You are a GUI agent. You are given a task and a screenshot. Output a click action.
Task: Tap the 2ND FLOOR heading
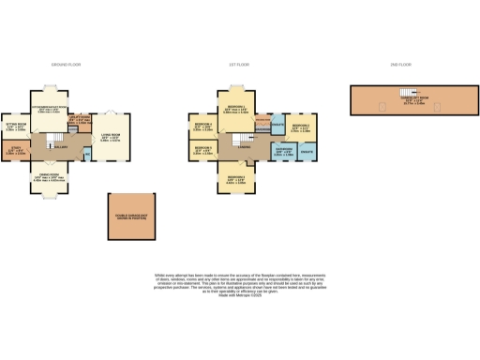pos(401,65)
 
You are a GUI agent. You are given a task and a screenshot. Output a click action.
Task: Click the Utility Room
pos(82,121)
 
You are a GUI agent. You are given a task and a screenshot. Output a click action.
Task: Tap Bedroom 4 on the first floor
pos(204,126)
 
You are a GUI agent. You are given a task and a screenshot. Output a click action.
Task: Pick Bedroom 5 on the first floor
pos(204,149)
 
